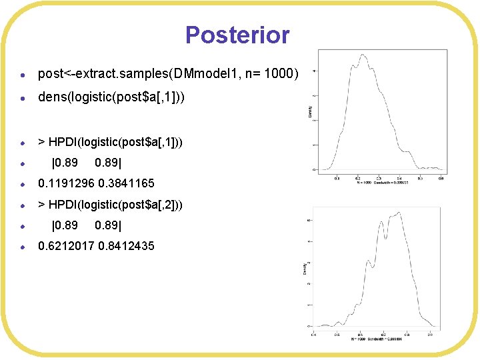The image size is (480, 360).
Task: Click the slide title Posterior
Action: [x=237, y=35]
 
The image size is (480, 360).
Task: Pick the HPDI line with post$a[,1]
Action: [x=110, y=142]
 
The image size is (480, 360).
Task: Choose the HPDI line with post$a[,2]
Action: [x=110, y=203]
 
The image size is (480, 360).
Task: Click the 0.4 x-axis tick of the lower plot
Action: [x=313, y=334]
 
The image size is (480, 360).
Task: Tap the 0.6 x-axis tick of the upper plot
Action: [x=441, y=178]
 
